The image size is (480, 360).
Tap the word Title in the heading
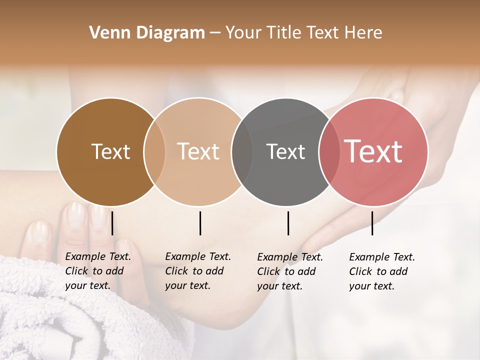point(283,33)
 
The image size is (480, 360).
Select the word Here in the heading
point(364,33)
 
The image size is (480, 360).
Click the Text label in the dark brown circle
point(110,151)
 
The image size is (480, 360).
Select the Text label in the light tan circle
point(198,151)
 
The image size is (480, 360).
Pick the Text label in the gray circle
point(285,151)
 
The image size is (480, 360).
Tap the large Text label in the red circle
point(373,151)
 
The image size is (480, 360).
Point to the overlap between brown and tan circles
point(154,152)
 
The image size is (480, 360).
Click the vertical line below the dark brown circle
point(112,223)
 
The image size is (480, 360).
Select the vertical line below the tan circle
point(200,223)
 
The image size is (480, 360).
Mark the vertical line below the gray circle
point(288,223)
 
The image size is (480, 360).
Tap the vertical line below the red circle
point(372,223)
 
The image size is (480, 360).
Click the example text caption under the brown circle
point(97,271)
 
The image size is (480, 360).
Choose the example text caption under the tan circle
point(197,271)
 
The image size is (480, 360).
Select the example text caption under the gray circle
point(289,271)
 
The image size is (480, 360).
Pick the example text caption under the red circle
point(381,271)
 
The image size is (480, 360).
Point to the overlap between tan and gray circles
point(242,152)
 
